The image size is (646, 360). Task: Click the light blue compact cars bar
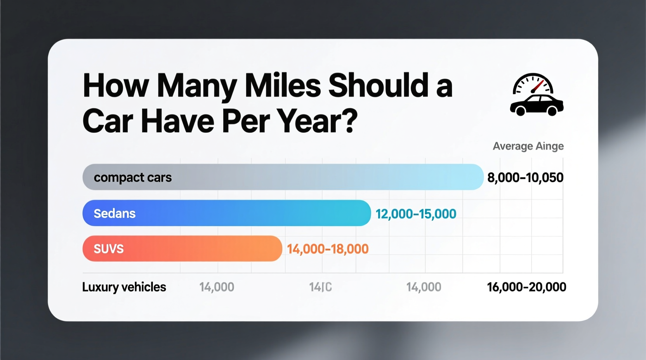pyautogui.click(x=311, y=177)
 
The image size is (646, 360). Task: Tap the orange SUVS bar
pyautogui.click(x=194, y=248)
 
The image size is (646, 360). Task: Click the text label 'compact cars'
pyautogui.click(x=132, y=177)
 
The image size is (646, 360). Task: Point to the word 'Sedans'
pyautogui.click(x=115, y=213)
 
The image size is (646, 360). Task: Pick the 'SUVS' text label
pyautogui.click(x=108, y=249)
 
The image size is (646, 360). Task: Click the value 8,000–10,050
pyautogui.click(x=525, y=178)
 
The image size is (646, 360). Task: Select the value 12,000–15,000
pyautogui.click(x=416, y=214)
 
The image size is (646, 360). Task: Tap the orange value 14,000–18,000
pyautogui.click(x=328, y=249)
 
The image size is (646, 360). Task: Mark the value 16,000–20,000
pyautogui.click(x=526, y=287)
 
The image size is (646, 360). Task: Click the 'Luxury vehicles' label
pyautogui.click(x=124, y=287)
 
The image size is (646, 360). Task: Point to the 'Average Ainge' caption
pyautogui.click(x=528, y=146)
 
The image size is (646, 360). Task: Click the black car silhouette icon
pyautogui.click(x=537, y=105)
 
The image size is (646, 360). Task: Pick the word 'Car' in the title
pyautogui.click(x=108, y=121)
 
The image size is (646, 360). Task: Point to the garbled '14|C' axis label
pyautogui.click(x=320, y=287)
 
